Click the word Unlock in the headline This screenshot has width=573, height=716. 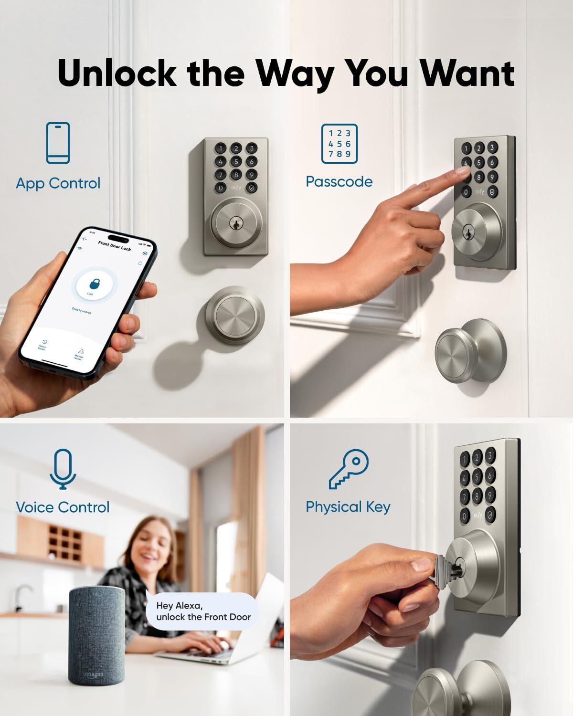(x=117, y=73)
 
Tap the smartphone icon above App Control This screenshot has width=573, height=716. (x=58, y=143)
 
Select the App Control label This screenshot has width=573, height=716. (x=58, y=183)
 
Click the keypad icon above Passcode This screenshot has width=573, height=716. (x=339, y=143)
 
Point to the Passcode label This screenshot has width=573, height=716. (x=339, y=182)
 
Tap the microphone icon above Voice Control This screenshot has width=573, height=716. (x=63, y=469)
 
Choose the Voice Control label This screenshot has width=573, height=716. (x=63, y=507)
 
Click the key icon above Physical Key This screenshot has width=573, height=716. (x=349, y=469)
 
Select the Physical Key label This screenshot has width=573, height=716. (x=348, y=507)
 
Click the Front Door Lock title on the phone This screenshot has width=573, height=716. (x=115, y=246)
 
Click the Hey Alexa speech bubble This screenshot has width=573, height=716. (x=203, y=611)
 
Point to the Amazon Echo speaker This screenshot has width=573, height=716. (x=96, y=635)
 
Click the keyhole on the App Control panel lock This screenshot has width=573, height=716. (x=235, y=223)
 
